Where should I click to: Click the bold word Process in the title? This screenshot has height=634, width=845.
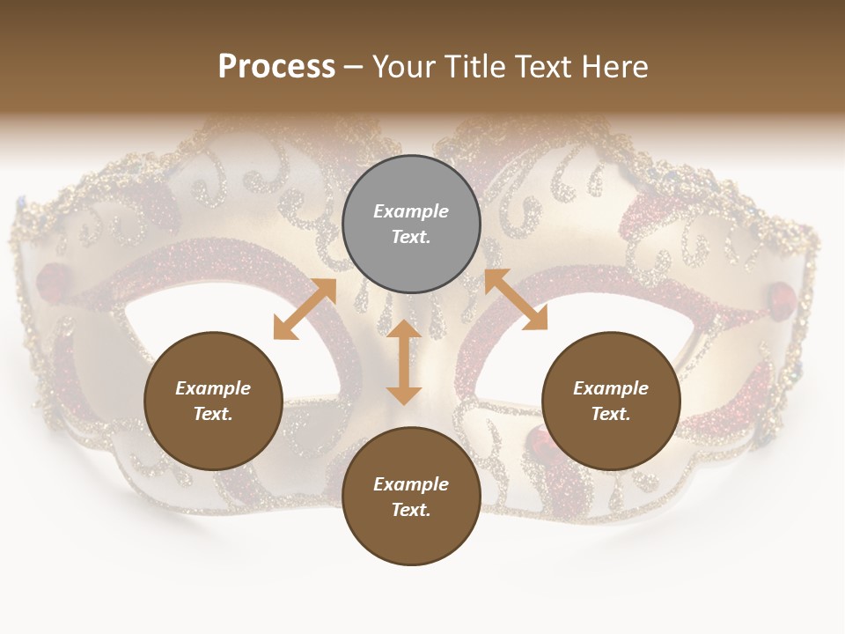276,67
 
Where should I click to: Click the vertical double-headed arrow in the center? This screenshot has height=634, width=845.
404,362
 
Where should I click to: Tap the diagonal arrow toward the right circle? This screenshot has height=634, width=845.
516,299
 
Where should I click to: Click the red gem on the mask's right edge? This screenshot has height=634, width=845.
782,294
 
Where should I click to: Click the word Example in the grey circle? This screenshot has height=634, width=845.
411,211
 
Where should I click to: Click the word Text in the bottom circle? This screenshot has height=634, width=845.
411,510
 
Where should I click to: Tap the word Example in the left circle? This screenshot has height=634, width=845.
213,388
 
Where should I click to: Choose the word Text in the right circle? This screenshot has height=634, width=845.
611,414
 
